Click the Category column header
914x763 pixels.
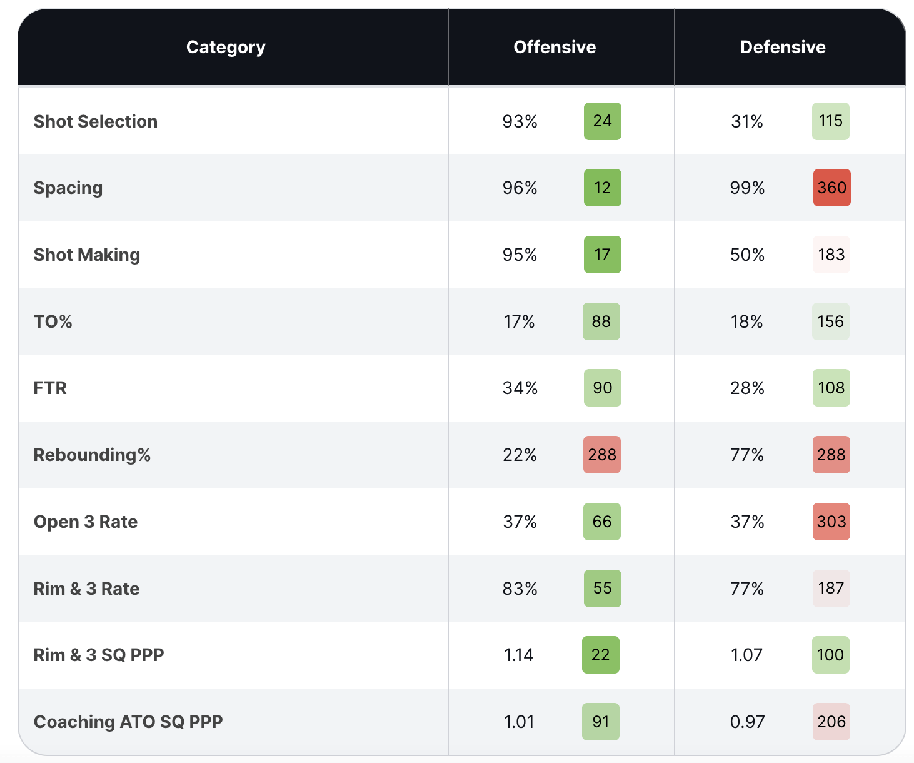(226, 48)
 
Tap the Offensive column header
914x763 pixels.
(555, 48)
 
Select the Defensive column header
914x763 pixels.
(783, 48)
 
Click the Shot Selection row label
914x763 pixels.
(96, 121)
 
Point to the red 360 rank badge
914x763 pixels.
(831, 188)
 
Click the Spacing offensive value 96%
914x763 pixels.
(520, 188)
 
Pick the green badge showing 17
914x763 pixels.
(602, 255)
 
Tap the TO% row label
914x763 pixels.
(53, 321)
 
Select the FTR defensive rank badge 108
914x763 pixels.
(831, 388)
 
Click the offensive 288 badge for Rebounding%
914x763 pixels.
(602, 455)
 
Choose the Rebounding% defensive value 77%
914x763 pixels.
(747, 455)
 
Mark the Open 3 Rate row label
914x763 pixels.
(86, 522)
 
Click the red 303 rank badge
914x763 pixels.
(831, 522)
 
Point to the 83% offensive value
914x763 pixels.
(520, 589)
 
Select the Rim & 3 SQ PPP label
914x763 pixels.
(99, 655)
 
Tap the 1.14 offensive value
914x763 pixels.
(519, 655)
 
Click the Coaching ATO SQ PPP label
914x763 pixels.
(128, 722)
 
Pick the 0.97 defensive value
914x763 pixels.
(747, 722)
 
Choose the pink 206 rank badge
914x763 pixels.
(831, 722)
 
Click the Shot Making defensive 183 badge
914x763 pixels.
(831, 255)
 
